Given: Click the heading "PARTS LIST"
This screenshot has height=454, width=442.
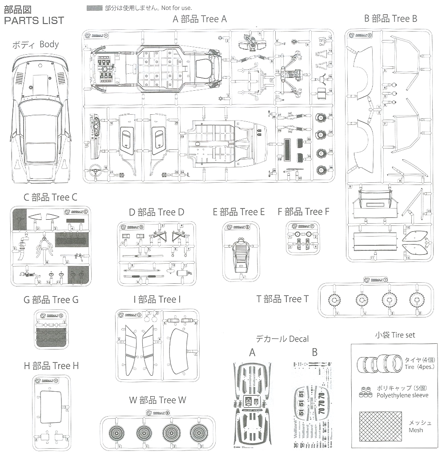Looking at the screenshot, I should [x=34, y=20].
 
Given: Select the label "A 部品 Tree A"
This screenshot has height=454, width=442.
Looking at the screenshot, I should [x=200, y=19].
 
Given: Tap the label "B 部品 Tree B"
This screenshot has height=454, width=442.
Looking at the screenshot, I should [x=390, y=18].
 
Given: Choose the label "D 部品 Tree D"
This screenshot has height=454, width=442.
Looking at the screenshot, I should [x=156, y=212].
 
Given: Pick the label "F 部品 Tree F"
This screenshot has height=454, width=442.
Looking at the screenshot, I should [x=303, y=212].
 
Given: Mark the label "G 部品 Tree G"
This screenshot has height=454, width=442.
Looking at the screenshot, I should [x=51, y=300].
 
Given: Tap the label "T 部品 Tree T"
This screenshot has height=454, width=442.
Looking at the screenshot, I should [x=282, y=299].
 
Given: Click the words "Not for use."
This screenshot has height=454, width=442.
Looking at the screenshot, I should [x=177, y=8].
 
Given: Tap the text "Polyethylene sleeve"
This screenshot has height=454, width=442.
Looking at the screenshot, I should [x=402, y=395].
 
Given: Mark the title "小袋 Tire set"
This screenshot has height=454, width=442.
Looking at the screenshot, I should [x=395, y=335].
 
